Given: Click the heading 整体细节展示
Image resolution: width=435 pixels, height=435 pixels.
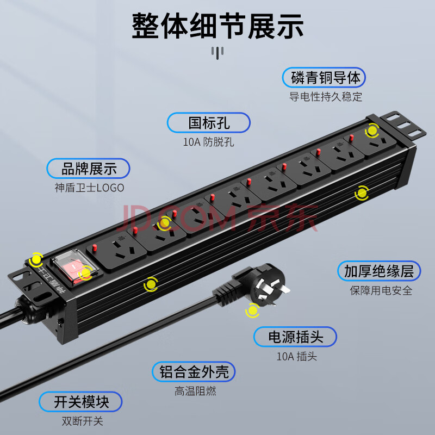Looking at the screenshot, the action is click(217, 26).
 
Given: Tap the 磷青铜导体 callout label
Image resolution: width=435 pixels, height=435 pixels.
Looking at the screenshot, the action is click(324, 77).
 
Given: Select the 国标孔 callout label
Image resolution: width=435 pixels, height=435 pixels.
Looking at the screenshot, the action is click(209, 123).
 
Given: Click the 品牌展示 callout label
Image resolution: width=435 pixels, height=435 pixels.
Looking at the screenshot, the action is click(88, 169).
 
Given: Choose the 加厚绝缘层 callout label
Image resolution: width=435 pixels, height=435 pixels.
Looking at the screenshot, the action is click(379, 271).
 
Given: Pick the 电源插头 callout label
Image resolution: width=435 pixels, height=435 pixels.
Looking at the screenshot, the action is click(295, 337).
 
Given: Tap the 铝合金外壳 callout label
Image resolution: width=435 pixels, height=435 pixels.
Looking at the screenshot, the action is click(194, 371).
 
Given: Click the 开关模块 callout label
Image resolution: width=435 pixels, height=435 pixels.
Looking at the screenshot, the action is click(80, 402).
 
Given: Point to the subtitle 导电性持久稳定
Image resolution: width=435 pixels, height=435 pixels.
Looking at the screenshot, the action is click(326, 97).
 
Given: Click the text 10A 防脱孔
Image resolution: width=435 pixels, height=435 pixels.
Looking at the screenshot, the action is click(208, 142).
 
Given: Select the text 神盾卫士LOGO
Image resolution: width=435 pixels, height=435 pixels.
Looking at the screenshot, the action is click(89, 188).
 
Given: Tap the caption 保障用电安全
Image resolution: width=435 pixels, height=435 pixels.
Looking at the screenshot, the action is click(381, 290).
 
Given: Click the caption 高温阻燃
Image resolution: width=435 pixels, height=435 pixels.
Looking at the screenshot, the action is click(195, 391).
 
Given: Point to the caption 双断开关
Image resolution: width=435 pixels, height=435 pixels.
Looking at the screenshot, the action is click(83, 421).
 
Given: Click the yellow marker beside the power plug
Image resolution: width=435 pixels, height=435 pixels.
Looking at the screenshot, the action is click(252, 310).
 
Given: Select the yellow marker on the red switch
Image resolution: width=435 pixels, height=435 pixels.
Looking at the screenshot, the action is click(85, 273).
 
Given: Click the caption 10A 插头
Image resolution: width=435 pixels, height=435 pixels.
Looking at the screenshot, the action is click(296, 356).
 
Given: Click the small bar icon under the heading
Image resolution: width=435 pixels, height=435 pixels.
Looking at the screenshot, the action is click(217, 53).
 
